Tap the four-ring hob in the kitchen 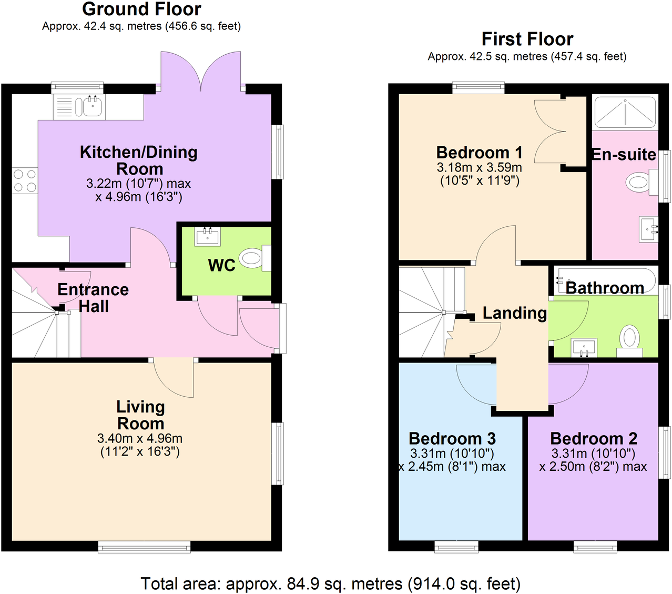[x=25, y=180]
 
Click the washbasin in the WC [x=207, y=237]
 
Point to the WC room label [x=221, y=265]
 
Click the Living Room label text [x=140, y=415]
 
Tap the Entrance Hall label [x=93, y=298]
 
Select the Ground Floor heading [x=141, y=9]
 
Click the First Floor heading [x=527, y=39]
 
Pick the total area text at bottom [x=330, y=583]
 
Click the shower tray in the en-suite [x=625, y=112]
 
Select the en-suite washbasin [x=648, y=229]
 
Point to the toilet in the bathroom [x=629, y=338]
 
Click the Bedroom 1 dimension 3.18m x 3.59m [x=479, y=168]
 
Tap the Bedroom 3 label [x=452, y=438]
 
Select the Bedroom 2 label [x=594, y=438]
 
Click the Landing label [x=514, y=313]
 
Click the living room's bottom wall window [x=145, y=548]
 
